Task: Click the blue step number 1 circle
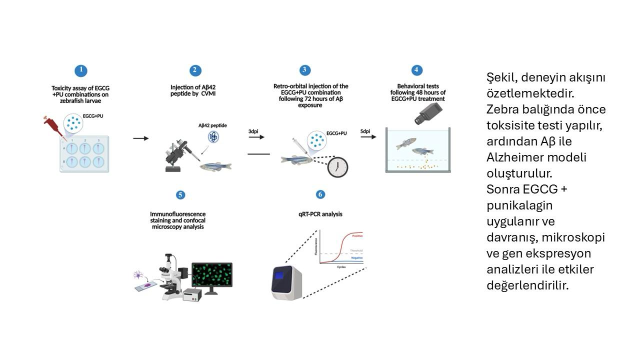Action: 81,70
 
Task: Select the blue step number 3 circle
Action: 304,70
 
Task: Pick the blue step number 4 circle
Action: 416,70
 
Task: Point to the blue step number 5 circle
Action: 180,195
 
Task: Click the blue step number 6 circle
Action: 320,194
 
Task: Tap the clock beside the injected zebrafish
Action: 337,167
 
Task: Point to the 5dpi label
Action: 365,131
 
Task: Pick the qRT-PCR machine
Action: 286,283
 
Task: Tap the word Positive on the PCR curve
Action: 357,236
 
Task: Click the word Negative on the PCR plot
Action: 356,258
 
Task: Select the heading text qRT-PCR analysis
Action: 320,214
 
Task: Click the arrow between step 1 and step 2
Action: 140,138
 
